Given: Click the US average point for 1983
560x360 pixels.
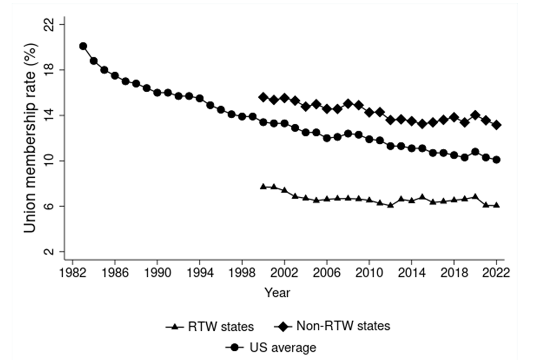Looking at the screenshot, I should point(83,46).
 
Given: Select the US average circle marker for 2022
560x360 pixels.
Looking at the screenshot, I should point(497,160).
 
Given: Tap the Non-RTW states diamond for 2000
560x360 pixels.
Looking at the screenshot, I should point(263,97).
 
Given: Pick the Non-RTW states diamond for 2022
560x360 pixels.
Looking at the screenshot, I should point(497,125).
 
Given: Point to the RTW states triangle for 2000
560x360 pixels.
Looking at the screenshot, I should point(263,187).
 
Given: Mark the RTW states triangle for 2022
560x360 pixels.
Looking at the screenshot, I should point(497,205).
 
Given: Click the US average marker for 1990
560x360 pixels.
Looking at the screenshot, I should point(157,93).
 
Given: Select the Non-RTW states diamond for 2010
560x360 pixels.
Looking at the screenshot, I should point(369,112).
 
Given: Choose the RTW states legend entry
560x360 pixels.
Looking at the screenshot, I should point(210,327).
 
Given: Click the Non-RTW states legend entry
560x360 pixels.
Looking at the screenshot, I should point(332,326).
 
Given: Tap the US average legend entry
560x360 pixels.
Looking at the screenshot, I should point(271,348).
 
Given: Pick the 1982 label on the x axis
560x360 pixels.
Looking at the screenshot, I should point(72,273).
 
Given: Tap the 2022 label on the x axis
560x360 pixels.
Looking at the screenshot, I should point(497,273).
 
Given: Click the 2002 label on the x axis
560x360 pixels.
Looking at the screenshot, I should point(284,273).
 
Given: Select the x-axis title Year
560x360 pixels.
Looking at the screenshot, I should point(277,293).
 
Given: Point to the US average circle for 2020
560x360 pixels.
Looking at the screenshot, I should point(475,152).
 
